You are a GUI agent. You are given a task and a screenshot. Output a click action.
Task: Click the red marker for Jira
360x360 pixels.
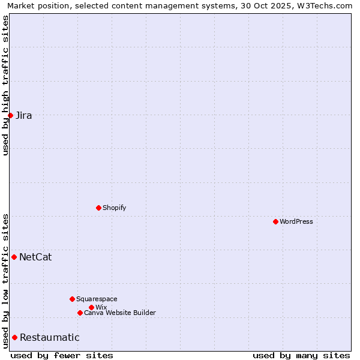click(10, 115)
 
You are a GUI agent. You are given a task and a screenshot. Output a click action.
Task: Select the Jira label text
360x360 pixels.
click(24, 116)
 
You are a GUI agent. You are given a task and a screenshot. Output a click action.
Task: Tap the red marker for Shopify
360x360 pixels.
click(98, 208)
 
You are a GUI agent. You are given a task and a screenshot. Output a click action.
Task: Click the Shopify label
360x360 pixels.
click(114, 208)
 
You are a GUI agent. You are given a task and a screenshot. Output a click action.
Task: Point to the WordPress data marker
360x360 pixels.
click(275, 221)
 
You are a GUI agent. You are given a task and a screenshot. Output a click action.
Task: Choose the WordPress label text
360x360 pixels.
click(296, 221)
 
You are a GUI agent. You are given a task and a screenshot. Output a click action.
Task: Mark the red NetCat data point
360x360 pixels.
click(14, 257)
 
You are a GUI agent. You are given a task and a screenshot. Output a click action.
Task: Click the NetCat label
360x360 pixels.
click(35, 257)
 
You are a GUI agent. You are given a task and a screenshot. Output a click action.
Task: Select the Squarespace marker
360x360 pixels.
click(72, 299)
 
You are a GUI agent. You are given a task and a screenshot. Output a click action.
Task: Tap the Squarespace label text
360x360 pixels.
click(97, 299)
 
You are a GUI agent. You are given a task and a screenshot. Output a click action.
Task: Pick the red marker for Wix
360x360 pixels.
click(91, 307)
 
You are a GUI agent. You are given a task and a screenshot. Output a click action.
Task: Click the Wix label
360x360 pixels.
click(101, 307)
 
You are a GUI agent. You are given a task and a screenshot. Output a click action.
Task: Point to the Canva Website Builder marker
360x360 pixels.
click(80, 313)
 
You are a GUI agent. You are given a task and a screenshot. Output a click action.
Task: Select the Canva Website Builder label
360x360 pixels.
click(120, 313)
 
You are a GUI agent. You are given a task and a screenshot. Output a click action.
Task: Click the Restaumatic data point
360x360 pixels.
click(14, 337)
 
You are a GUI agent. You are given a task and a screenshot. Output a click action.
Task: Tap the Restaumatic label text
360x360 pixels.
click(49, 338)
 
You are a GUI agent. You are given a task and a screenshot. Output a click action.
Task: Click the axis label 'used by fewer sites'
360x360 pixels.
click(62, 356)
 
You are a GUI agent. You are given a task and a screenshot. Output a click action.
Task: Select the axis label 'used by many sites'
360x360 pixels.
click(301, 356)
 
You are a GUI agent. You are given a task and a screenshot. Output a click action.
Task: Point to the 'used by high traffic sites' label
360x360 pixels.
click(5, 85)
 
